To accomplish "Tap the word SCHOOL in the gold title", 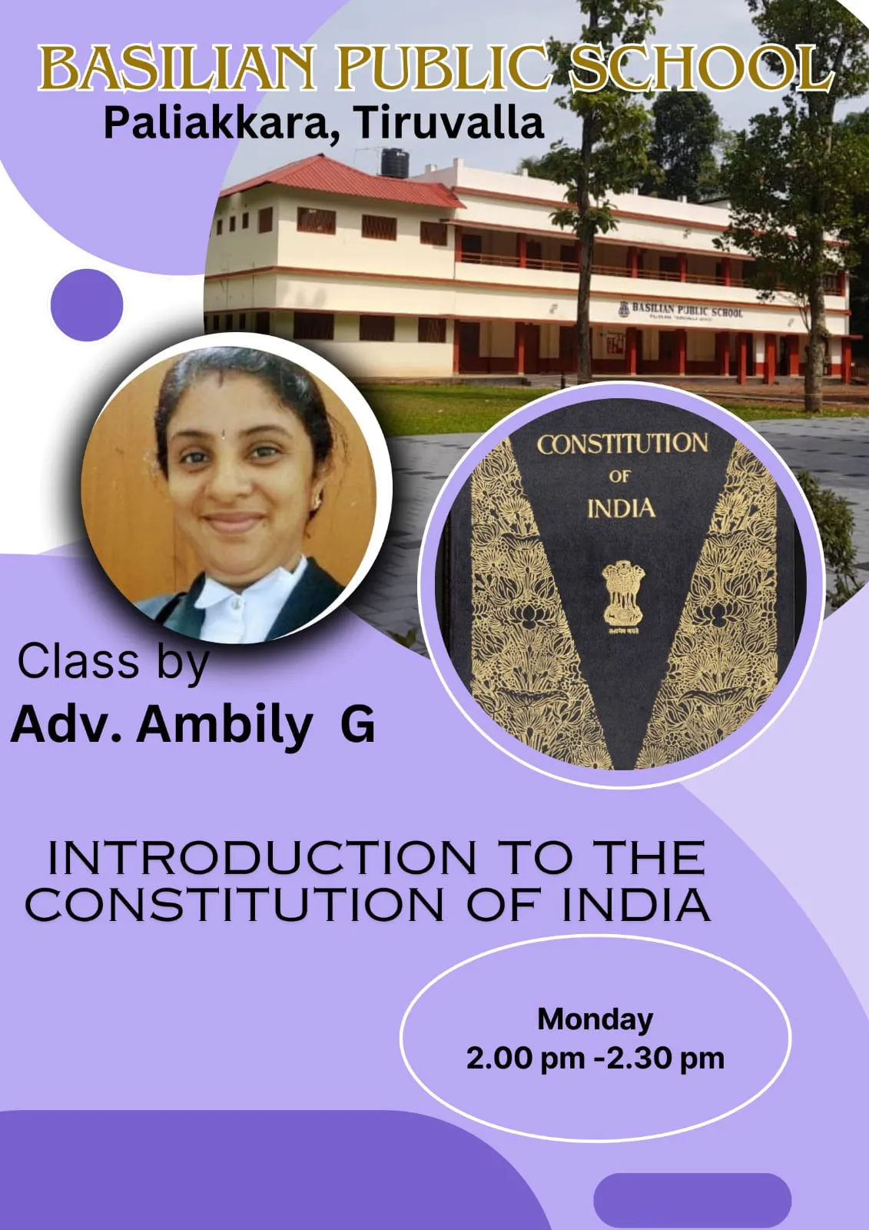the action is pyautogui.click(x=701, y=69).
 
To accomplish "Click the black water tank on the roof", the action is pyautogui.click(x=395, y=163).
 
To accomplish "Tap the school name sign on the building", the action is pyautogui.click(x=681, y=311).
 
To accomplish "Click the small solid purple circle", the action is pyautogui.click(x=87, y=304).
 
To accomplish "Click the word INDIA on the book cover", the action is pyautogui.click(x=622, y=509).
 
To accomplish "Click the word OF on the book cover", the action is pyautogui.click(x=619, y=477).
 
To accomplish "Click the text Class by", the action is pyautogui.click(x=113, y=662).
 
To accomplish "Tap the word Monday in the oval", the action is pyautogui.click(x=595, y=1019).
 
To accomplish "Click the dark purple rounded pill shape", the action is pyautogui.click(x=692, y=1199).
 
